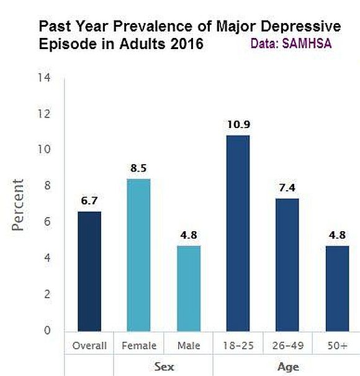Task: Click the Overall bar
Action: click(89, 272)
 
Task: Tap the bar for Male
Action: click(188, 288)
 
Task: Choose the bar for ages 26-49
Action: click(287, 265)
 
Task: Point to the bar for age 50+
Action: click(337, 288)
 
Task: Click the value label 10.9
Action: click(238, 124)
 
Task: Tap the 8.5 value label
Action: click(138, 167)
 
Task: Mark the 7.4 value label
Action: click(287, 187)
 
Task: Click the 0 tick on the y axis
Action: click(47, 331)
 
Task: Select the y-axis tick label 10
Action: click(43, 150)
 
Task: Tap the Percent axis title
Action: click(19, 205)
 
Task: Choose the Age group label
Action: click(287, 367)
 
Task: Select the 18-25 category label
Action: click(238, 346)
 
